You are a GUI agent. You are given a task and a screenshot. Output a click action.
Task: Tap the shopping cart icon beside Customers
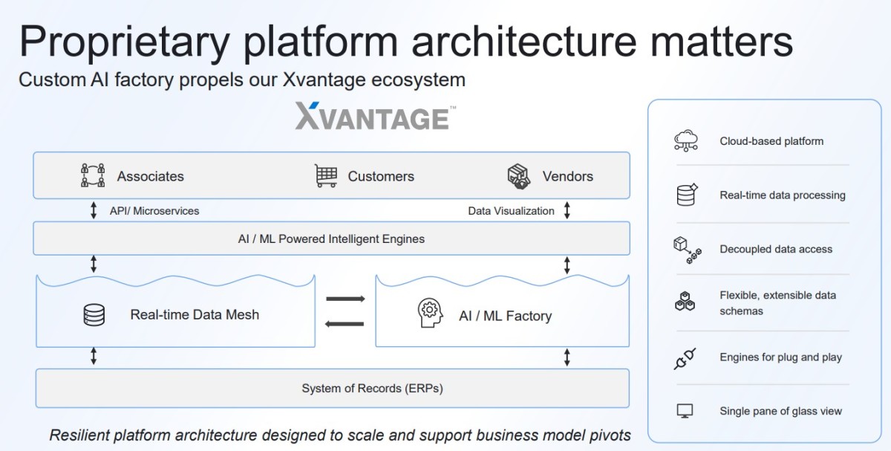point(326,176)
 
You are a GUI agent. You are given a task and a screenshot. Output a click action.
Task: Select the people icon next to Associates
point(93,176)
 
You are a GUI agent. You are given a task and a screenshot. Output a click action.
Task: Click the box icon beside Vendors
point(519,176)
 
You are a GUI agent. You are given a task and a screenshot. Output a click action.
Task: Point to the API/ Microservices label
point(154,211)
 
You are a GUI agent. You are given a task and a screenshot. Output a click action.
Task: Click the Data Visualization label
point(511,211)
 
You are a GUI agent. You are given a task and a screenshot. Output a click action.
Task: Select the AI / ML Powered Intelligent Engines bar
point(331,239)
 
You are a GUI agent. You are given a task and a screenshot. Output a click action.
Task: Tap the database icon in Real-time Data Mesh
point(94,315)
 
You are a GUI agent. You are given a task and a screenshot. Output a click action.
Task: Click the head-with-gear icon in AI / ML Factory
point(430,315)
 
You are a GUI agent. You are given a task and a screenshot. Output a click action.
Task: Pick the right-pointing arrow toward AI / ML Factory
point(345,299)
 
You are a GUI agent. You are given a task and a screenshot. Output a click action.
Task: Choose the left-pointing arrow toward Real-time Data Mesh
point(345,324)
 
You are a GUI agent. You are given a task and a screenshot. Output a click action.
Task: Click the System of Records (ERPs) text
point(372,388)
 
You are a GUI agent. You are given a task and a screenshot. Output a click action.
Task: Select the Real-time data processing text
point(783,195)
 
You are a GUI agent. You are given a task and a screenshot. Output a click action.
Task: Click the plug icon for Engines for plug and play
point(684,358)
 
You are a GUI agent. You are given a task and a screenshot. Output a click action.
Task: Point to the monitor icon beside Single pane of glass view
point(685,411)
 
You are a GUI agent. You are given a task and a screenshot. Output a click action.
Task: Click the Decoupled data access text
point(776,250)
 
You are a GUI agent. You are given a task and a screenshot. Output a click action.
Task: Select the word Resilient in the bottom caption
point(80,435)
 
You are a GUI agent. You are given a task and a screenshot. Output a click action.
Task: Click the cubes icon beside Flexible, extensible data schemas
point(685,302)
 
